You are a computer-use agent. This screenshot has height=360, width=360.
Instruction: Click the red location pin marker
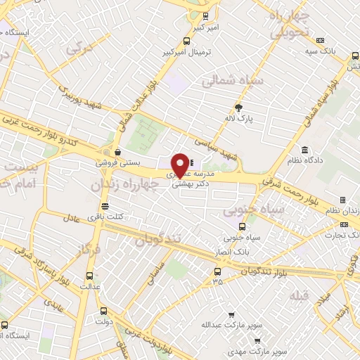(181, 165)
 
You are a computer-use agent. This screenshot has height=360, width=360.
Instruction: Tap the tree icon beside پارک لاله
(239, 107)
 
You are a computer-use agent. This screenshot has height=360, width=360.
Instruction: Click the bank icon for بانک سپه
(321, 40)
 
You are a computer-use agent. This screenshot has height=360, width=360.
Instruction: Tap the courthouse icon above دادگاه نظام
(304, 150)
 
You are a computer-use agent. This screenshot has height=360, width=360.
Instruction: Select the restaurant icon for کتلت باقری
(105, 206)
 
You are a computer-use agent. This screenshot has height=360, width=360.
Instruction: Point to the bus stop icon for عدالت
(89, 276)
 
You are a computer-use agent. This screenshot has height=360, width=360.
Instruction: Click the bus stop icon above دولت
(104, 310)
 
